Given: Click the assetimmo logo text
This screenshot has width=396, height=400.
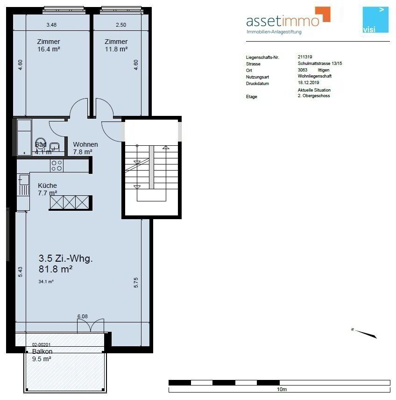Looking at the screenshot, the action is click(283, 21).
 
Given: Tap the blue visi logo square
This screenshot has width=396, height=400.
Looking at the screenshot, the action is click(375, 20).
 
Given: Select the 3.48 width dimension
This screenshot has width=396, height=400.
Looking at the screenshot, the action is click(51, 25).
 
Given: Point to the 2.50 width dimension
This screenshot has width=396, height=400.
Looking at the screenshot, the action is click(121, 25).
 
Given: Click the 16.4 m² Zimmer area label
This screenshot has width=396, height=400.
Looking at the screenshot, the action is click(49, 49).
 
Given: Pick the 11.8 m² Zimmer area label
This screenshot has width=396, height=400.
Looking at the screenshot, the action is click(116, 49).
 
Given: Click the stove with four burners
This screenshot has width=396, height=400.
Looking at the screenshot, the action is click(57, 165).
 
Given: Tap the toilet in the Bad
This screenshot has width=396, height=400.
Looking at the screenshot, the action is click(41, 144).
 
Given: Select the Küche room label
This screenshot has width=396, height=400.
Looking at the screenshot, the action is click(48, 186).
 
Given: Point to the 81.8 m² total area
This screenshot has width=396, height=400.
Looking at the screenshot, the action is click(56, 269).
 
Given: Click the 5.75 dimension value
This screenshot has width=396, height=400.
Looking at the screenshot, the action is click(135, 282).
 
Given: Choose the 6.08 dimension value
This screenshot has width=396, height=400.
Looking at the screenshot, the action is click(83, 316).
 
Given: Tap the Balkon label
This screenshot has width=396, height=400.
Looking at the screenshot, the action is click(42, 351).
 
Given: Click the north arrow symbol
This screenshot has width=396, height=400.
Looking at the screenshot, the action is click(364, 333).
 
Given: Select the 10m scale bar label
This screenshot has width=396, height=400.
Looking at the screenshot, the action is click(282, 389).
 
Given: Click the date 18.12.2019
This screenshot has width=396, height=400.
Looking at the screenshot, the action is click(309, 82).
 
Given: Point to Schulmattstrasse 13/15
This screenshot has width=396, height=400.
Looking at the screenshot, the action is click(320, 63).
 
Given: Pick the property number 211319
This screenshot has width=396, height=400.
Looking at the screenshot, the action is click(305, 57).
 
